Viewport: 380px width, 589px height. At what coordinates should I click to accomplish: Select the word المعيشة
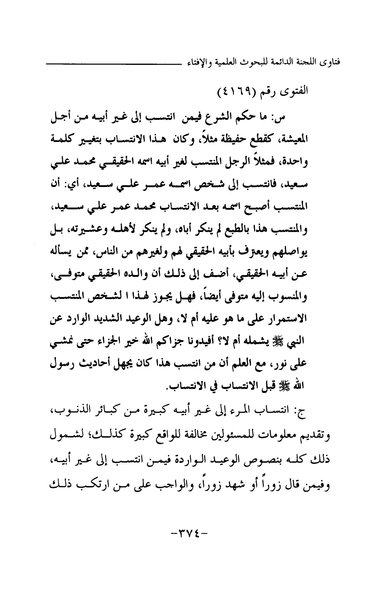click(313, 140)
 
